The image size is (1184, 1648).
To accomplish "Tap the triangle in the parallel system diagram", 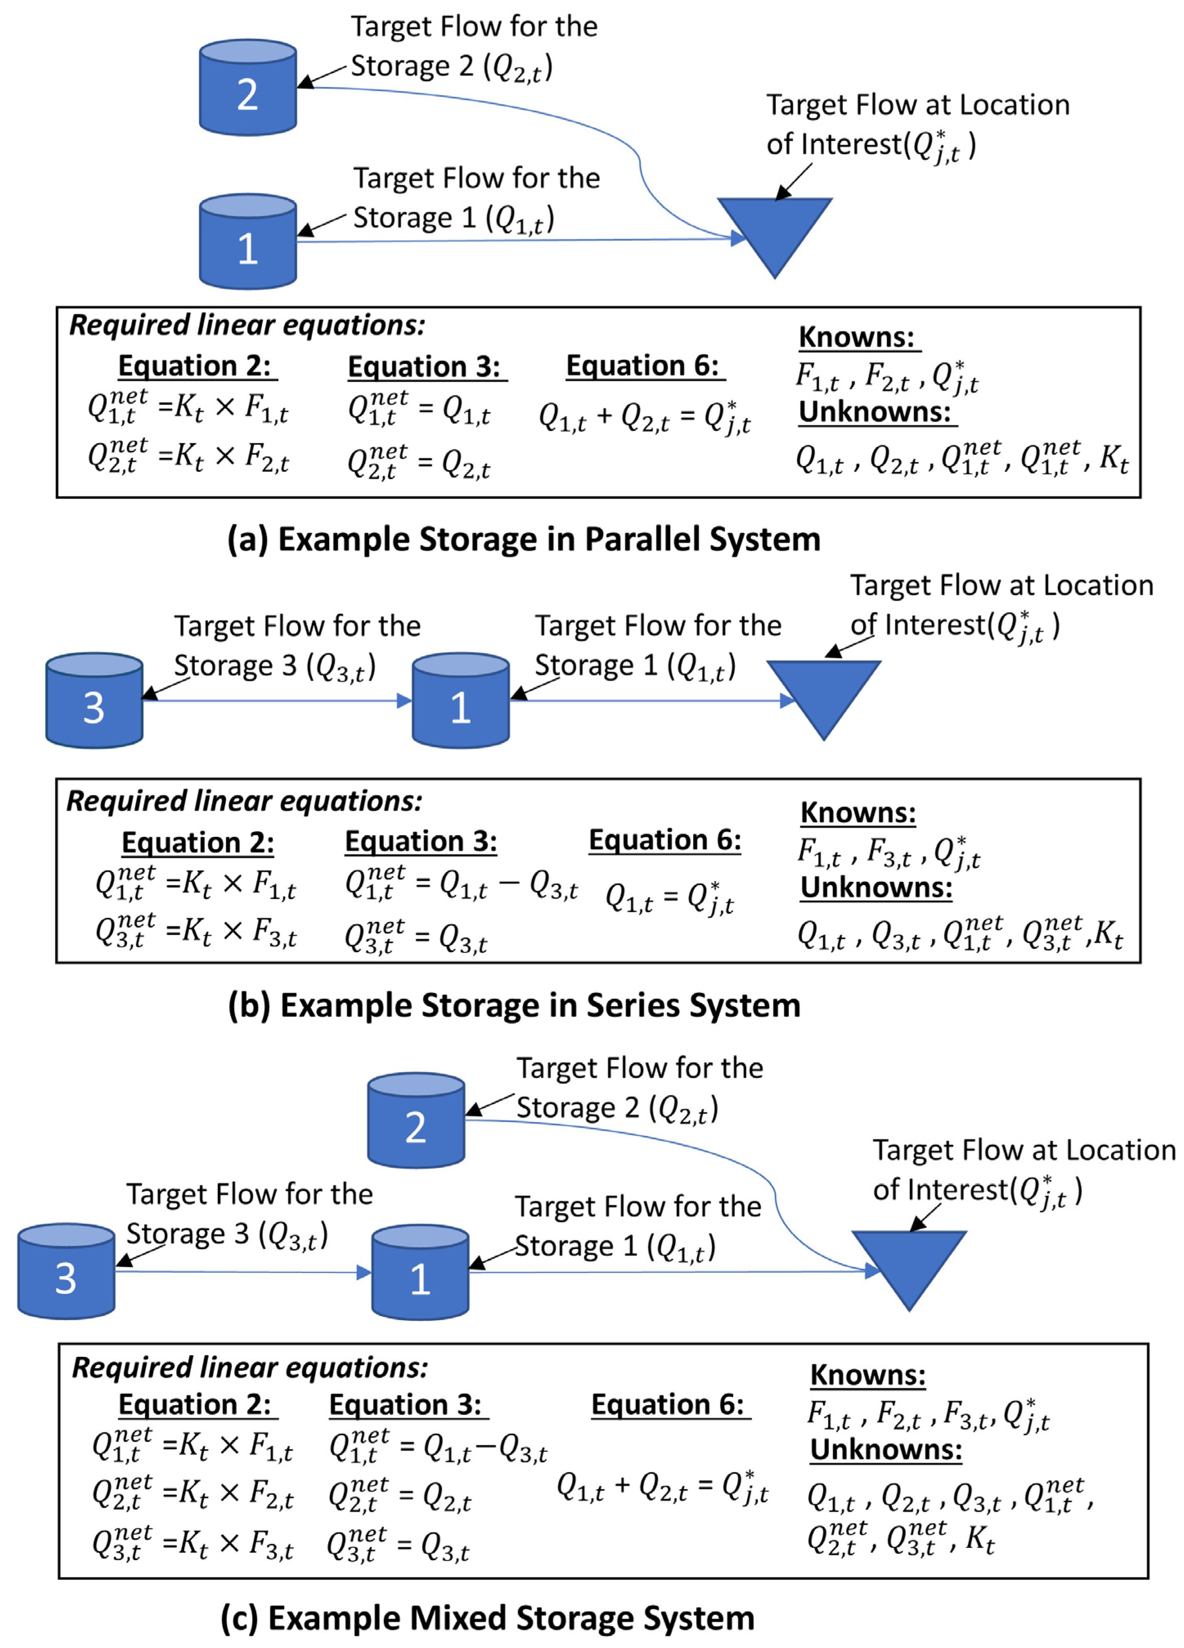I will [x=774, y=229].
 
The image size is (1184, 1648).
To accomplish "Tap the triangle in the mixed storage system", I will [x=909, y=1261].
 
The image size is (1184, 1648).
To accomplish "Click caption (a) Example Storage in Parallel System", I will [x=524, y=539].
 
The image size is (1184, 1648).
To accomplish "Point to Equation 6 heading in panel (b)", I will [x=665, y=840].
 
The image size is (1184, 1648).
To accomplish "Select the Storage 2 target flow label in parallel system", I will [x=474, y=47].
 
